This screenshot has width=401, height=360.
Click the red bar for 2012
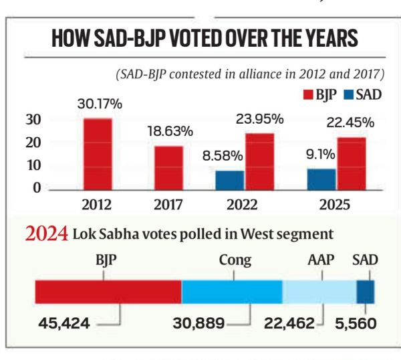click(98, 155)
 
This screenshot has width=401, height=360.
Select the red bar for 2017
click(168, 168)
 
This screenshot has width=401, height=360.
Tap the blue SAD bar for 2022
click(229, 180)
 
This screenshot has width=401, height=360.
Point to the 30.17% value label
click(98, 104)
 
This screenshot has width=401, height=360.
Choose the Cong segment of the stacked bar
click(232, 291)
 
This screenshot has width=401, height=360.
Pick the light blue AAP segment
click(319, 291)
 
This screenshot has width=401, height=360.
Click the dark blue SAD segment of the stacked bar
click(365, 291)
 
